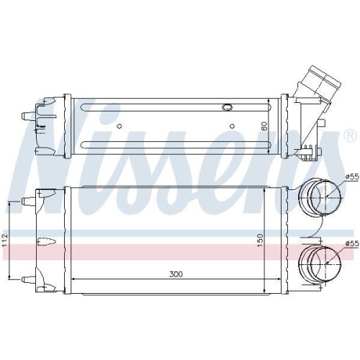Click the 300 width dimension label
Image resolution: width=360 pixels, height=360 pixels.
pos(176,274)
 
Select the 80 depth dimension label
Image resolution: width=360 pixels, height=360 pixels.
pos(264,126)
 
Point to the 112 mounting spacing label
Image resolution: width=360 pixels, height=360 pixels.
pos(5,239)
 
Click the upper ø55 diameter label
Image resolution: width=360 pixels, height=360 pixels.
pos(352,177)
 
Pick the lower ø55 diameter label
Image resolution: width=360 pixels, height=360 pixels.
pos(352,243)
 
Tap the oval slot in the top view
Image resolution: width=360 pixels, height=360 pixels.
pos(227,107)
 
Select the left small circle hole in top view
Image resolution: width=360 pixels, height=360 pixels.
pos(120,126)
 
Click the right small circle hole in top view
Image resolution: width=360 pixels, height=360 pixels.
pos(232,126)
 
